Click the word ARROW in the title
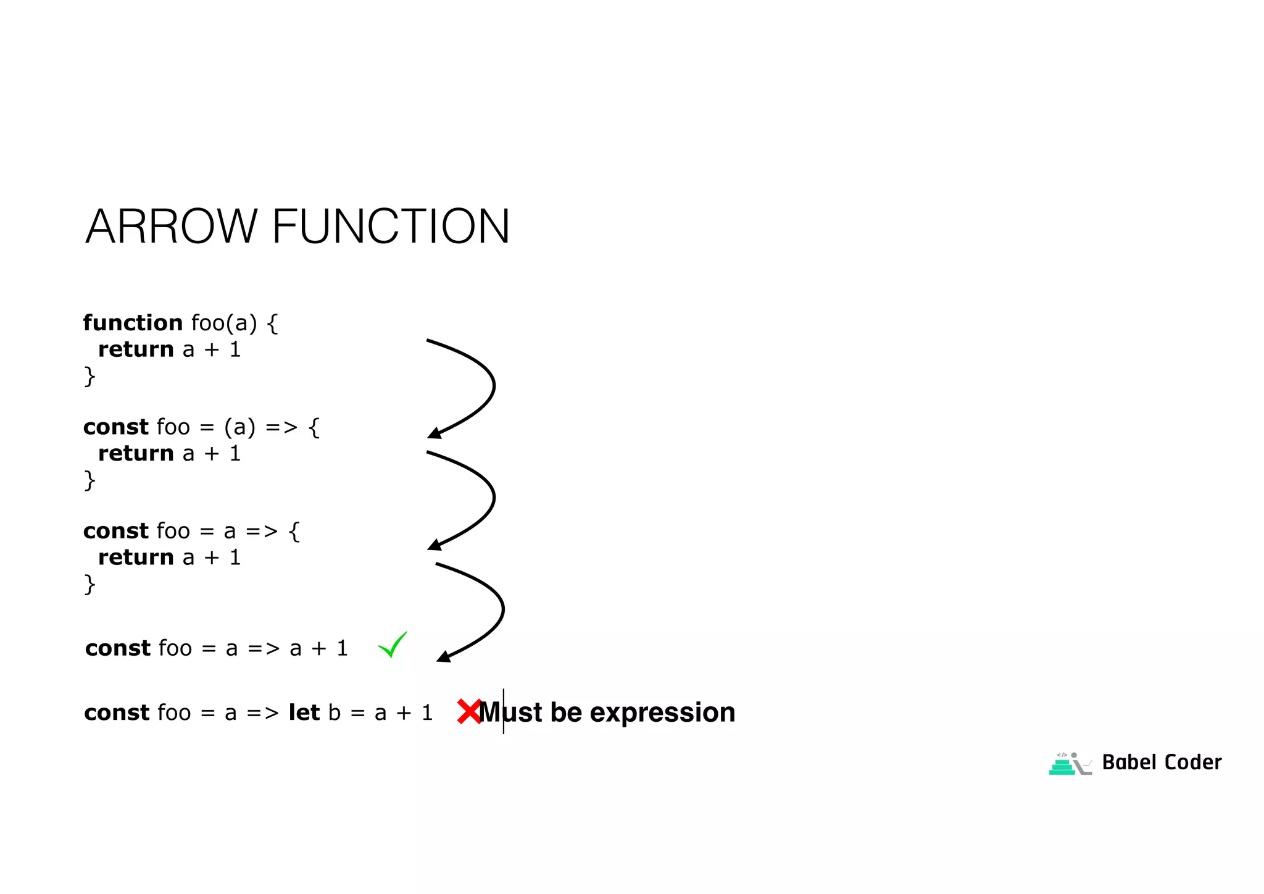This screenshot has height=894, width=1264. [x=171, y=227]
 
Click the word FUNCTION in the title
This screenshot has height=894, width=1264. [x=391, y=227]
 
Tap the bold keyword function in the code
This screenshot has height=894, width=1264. [x=133, y=323]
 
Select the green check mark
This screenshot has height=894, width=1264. [x=393, y=645]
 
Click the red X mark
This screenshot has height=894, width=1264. [x=469, y=711]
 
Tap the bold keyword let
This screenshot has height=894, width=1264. [x=304, y=712]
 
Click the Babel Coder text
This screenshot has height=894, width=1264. [x=1162, y=762]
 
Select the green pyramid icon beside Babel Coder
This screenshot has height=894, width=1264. [x=1062, y=766]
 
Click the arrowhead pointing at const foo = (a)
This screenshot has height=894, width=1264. [x=434, y=433]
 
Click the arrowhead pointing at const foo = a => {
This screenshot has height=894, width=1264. [x=434, y=545]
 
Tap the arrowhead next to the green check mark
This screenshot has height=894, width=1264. [x=443, y=656]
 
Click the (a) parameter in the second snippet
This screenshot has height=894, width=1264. [x=239, y=427]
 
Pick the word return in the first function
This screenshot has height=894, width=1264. [x=136, y=349]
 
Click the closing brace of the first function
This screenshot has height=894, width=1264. [x=89, y=376]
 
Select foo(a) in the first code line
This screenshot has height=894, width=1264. [x=223, y=323]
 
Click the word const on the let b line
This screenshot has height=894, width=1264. [x=117, y=713]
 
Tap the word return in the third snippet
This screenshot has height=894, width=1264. [x=136, y=558]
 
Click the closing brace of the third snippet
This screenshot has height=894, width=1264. [x=89, y=584]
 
